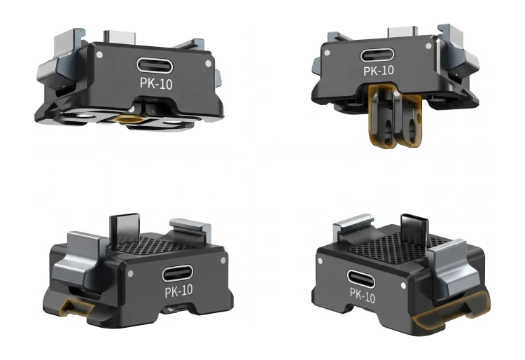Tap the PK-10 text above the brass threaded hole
coord(156,83)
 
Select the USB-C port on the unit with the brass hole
coord(155,65)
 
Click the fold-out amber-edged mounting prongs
coord(394,116)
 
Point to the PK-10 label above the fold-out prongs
coord(378,71)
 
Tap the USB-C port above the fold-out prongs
coord(377,55)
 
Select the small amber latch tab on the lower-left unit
coord(73,307)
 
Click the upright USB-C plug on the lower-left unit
coord(125,228)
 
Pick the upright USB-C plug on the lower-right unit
coord(414,228)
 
